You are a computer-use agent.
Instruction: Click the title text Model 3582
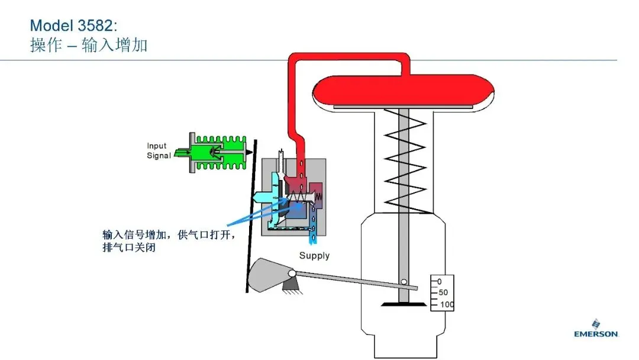[73, 25]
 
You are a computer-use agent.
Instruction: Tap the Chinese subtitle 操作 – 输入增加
[89, 45]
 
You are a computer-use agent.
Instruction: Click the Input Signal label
[159, 150]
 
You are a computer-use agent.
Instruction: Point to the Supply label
[314, 256]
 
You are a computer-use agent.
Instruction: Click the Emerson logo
[596, 329]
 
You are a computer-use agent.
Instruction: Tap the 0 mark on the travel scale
[439, 281]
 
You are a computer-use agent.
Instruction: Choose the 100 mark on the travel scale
[447, 304]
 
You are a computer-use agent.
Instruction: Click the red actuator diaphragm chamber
[403, 89]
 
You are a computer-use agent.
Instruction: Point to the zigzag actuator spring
[405, 161]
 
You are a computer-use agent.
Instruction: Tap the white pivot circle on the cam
[292, 274]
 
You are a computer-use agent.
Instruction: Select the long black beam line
[251, 216]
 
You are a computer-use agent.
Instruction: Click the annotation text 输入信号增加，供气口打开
[169, 235]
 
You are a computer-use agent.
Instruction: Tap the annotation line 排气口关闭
[129, 247]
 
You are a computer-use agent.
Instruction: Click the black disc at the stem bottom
[404, 304]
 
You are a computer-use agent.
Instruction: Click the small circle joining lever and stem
[404, 282]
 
